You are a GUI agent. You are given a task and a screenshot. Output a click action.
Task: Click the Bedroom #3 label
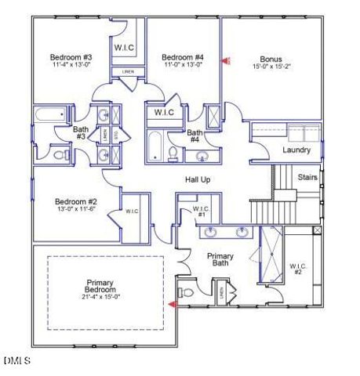coord(71,57)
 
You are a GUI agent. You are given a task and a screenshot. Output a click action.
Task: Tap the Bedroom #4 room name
coord(183,57)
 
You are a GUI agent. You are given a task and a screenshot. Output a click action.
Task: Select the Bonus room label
coord(271,59)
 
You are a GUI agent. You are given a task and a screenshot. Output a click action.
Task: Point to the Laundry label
coord(296,150)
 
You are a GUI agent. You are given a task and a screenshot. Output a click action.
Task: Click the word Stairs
coord(307,177)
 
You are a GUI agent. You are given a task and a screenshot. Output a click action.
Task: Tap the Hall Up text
coord(198,180)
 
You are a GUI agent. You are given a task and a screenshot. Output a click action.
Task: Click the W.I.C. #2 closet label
coord(298,268)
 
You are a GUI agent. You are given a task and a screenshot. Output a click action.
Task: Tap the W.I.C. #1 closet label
coord(201,211)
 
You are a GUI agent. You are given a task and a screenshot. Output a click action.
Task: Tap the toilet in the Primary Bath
coord(186,292)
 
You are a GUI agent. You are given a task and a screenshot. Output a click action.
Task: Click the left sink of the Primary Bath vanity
coord(212,232)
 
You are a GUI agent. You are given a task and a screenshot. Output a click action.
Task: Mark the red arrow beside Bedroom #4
coord(226,60)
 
